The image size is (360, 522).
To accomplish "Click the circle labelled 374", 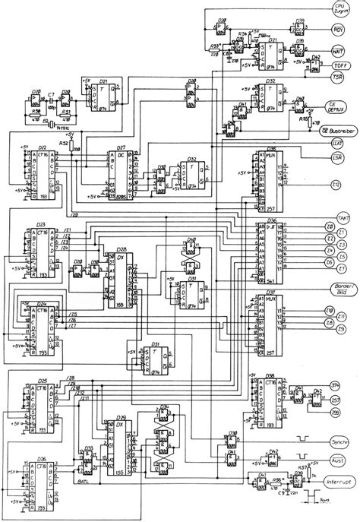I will (335, 385).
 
